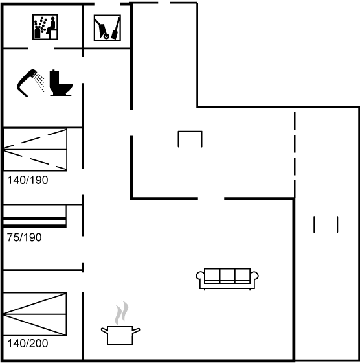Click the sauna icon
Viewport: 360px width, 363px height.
click(45, 27)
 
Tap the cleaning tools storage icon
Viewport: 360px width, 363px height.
click(107, 28)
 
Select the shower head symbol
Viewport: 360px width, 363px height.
click(30, 83)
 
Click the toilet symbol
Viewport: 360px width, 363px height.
click(62, 83)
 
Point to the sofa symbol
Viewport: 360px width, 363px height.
click(227, 279)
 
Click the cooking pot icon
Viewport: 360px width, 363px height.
click(120, 335)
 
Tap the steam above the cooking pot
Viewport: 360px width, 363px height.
click(122, 312)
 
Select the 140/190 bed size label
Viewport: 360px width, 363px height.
click(28, 180)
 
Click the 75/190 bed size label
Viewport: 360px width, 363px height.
click(24, 237)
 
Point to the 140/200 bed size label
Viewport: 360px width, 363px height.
click(28, 344)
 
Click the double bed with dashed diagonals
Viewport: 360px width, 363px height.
click(35, 150)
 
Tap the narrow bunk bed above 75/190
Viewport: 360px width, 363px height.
click(35, 216)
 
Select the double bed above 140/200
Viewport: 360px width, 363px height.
click(35, 314)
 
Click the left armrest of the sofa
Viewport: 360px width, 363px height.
click(200, 276)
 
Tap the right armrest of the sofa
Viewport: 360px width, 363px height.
click(254, 276)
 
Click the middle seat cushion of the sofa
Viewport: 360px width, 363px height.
click(227, 275)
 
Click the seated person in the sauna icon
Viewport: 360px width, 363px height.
click(51, 25)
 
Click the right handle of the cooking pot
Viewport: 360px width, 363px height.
click(136, 331)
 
